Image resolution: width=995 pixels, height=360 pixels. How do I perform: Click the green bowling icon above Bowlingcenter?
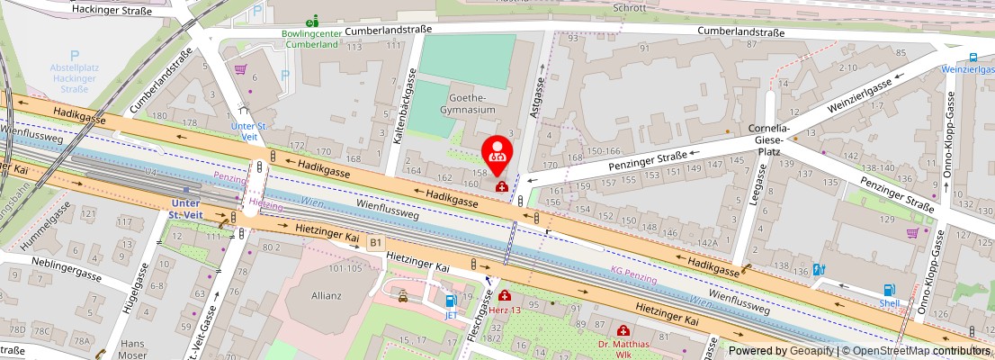(311, 21)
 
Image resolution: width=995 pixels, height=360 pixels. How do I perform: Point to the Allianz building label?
(326, 295)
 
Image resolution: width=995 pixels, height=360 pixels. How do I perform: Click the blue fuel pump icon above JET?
(451, 301)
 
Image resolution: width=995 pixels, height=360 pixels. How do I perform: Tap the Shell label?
(889, 302)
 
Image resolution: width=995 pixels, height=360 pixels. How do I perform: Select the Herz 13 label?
(505, 309)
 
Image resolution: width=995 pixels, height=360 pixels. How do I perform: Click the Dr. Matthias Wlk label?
(623, 349)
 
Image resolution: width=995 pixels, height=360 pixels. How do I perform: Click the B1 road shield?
(376, 242)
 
